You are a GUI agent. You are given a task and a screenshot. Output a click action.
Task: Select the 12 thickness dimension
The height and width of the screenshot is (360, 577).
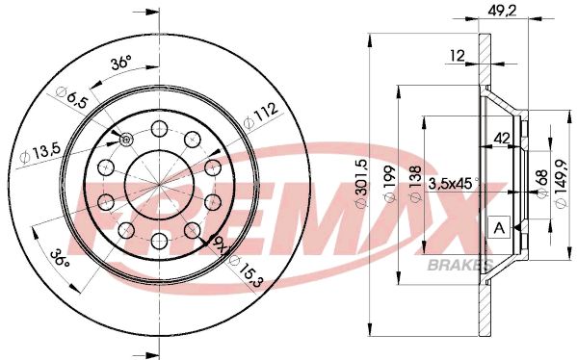coord(457,57)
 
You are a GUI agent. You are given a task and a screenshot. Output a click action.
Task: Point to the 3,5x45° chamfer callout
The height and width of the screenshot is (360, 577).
coord(454,182)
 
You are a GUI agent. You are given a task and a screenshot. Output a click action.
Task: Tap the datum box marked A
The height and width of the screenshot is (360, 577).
coord(499,227)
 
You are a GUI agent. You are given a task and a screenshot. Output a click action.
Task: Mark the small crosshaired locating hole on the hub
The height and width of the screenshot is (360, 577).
coord(126,141)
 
